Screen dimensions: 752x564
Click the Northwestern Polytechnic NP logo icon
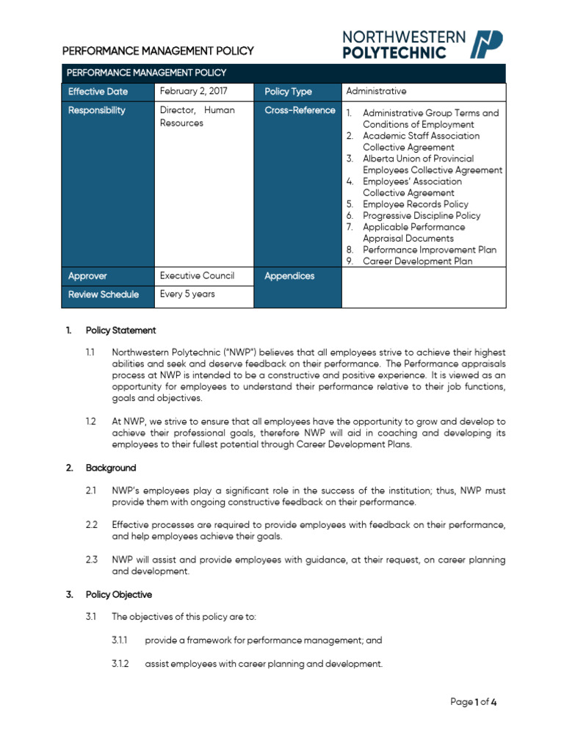pos(486,44)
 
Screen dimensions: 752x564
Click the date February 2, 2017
pos(194,92)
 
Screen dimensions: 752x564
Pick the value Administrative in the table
pos(375,91)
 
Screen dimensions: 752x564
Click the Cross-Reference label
pos(300,110)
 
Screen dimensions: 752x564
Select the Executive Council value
pos(197,276)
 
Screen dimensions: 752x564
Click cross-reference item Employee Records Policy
pos(415,204)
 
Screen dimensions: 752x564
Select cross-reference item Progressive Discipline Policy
pos(422,216)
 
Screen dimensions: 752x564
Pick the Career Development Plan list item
pos(417,261)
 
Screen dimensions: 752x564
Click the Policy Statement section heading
pos(120,330)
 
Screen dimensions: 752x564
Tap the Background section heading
pos(111,468)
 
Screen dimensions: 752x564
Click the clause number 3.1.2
pos(120,664)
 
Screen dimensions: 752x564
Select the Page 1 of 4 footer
pos(474,702)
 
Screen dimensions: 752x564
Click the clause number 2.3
pos(91,560)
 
